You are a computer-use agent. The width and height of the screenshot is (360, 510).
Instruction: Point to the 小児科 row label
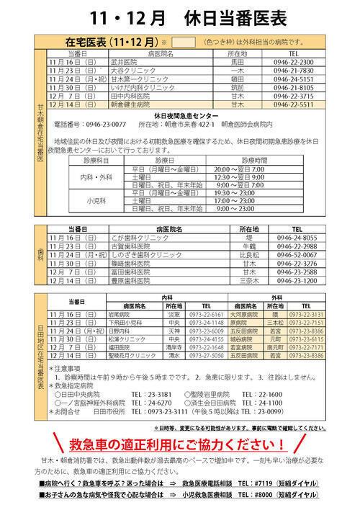click(95, 202)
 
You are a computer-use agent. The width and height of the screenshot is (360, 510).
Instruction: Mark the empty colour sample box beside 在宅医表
click(184, 41)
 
